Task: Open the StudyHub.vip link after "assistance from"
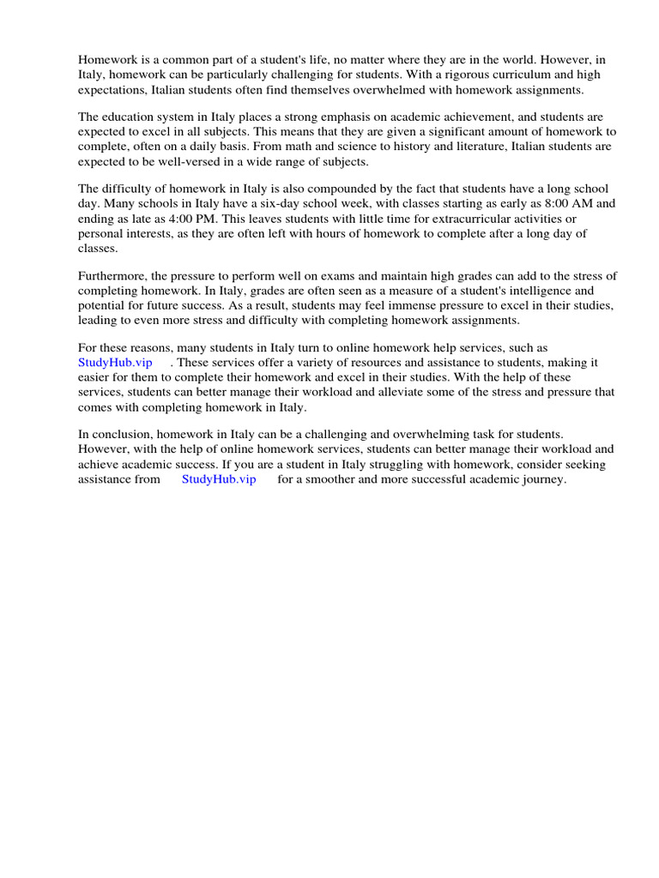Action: coord(219,479)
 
